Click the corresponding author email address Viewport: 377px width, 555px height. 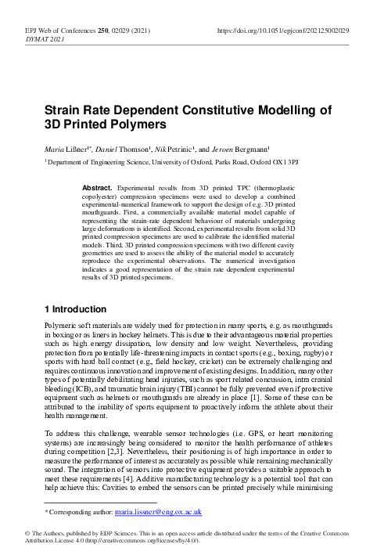(x=159, y=512)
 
